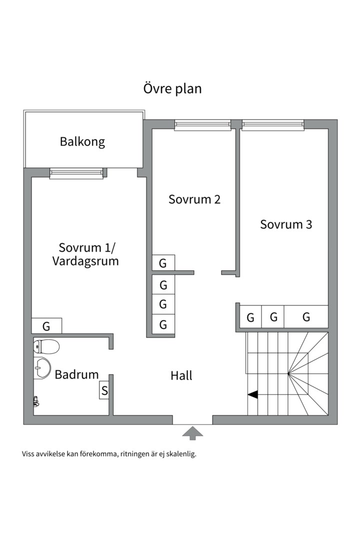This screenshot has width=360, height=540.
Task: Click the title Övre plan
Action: (x=172, y=89)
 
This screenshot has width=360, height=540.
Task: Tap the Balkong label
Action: (x=82, y=141)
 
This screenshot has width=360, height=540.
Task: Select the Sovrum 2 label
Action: (x=194, y=199)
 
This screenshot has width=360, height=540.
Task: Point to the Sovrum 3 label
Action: (x=286, y=224)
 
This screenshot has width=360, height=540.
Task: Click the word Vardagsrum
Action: (x=85, y=261)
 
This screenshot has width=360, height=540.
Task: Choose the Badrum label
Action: (x=76, y=374)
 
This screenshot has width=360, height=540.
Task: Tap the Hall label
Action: (x=181, y=375)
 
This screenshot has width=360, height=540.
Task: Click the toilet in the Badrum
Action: (x=46, y=346)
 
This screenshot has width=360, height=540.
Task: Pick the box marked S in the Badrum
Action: (x=104, y=390)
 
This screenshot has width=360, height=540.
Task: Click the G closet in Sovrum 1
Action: (x=46, y=326)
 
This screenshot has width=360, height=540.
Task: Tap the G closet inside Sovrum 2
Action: (x=163, y=263)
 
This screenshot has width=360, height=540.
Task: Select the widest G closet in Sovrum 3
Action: (x=306, y=317)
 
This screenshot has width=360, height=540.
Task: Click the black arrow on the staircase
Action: (x=252, y=394)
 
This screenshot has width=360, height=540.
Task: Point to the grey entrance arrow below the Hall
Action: (x=192, y=433)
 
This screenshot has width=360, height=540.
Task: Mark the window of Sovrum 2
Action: (x=202, y=124)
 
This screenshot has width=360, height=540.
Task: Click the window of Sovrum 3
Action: (x=273, y=124)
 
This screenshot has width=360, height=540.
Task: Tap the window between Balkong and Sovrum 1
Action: (x=76, y=173)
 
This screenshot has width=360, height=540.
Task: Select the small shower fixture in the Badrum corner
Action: (x=36, y=400)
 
